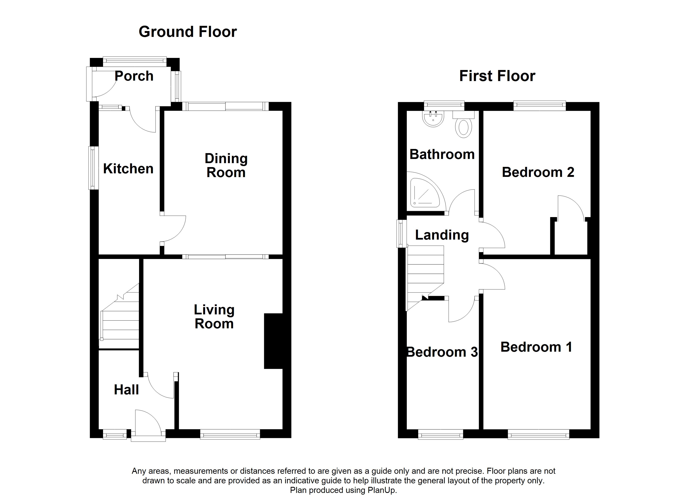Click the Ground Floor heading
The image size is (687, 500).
188,32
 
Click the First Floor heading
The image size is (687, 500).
497,76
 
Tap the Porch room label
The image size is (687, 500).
134,76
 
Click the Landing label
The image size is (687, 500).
442,235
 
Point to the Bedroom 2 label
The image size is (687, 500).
538,172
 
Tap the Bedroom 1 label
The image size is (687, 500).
536,347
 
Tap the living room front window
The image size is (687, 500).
230,434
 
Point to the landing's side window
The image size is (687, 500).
402,234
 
